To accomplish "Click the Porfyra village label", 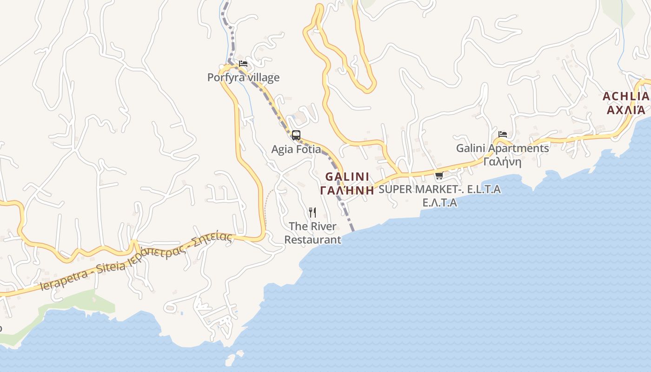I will [243, 77].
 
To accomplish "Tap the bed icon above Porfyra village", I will [243, 64].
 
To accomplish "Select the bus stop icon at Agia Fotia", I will [296, 135].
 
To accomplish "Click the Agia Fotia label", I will [296, 149].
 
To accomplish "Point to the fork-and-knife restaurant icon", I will [312, 213].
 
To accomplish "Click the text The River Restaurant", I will [312, 233].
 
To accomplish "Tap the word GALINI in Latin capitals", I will [347, 177].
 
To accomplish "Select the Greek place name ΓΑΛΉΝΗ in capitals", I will [347, 190].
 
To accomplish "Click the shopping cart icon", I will [439, 176].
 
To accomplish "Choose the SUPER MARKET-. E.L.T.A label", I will [439, 189].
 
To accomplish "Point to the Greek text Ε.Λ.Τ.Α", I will [439, 203].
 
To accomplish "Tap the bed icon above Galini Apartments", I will [503, 134].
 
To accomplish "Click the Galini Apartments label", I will [502, 148].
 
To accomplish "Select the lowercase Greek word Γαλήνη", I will [502, 162].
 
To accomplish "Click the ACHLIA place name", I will [626, 97].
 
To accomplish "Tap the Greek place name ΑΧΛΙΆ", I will [626, 110].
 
